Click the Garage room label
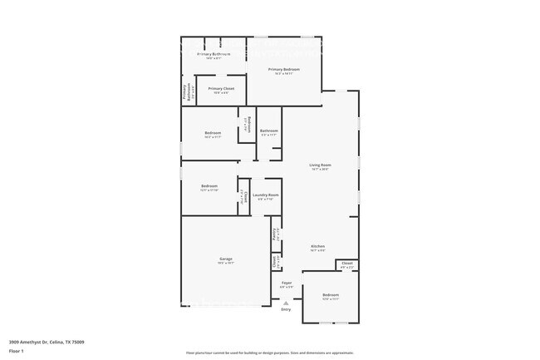[x=225, y=259]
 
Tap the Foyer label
[x=286, y=283]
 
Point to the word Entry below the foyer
[x=286, y=309]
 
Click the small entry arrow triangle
[x=286, y=303]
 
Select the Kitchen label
[x=317, y=246]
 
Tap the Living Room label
[x=320, y=165]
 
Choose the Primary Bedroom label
[x=284, y=70]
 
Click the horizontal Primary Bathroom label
[x=214, y=55]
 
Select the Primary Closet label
[x=221, y=88]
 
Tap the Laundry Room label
[x=266, y=195]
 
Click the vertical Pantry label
[x=275, y=234]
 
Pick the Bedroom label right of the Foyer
[x=331, y=294]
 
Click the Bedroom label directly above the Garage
[x=209, y=185]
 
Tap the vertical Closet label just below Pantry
[x=275, y=261]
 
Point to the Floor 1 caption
[x=17, y=350]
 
